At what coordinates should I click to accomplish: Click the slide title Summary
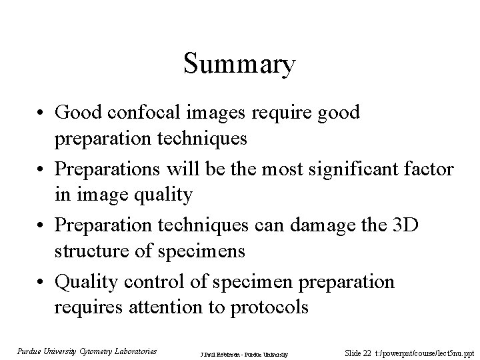pos(239,65)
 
